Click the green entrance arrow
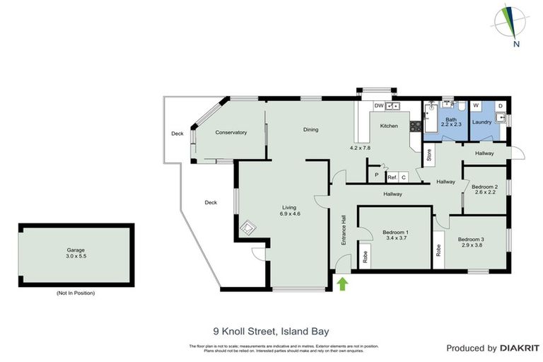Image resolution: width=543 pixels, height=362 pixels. point(344,284)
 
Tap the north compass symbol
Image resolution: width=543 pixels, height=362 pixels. point(514,25)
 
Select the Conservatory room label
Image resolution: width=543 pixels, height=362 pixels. point(231,132)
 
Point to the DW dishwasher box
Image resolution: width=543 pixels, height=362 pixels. point(379,105)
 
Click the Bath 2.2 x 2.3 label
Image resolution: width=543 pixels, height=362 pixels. point(451,122)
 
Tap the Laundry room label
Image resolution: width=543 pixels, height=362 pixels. point(481,122)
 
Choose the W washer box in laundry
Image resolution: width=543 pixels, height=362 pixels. point(475,106)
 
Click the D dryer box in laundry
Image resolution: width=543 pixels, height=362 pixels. point(500,106)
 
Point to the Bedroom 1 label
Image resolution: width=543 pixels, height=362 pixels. point(396,235)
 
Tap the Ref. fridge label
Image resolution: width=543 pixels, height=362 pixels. point(391,177)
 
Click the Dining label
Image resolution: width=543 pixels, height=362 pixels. point(310,129)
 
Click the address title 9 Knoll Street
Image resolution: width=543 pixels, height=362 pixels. point(271,330)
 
